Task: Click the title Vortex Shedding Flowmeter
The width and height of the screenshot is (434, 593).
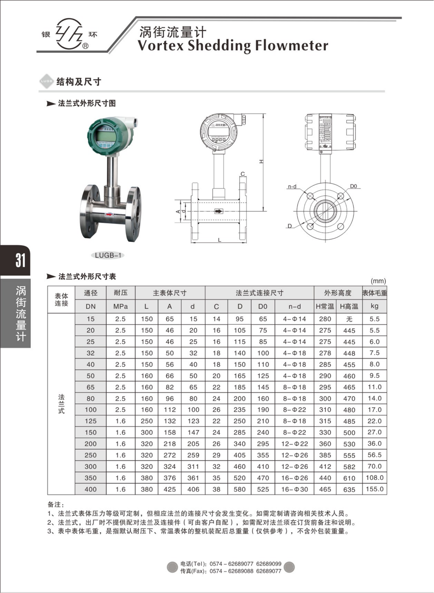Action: [233, 46]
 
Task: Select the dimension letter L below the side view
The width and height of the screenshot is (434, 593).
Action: [220, 240]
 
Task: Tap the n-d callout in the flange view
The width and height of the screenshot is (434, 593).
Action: [292, 187]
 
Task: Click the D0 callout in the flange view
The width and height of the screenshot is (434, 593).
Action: [353, 186]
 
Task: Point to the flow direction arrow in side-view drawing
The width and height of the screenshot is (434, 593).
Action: [219, 211]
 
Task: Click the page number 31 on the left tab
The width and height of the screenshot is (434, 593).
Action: [20, 260]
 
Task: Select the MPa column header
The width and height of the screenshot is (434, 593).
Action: [120, 306]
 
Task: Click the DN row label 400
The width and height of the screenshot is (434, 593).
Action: [90, 489]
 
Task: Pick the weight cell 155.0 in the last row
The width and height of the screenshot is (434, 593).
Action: [375, 489]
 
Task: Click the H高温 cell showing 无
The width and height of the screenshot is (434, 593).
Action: [349, 319]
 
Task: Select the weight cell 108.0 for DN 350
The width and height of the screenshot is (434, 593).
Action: [375, 478]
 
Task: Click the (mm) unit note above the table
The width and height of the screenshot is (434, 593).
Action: [378, 281]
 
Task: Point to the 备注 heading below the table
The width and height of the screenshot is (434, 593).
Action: [56, 504]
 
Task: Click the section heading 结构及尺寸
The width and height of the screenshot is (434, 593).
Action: [79, 82]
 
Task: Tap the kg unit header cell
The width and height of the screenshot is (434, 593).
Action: [375, 306]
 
